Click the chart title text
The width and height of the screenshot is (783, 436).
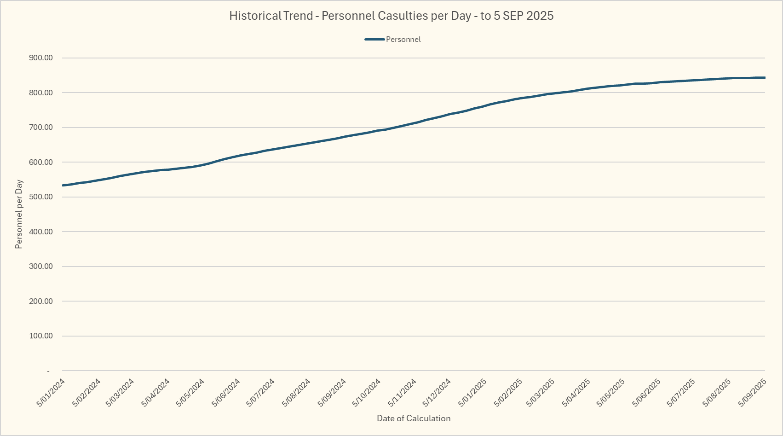(x=391, y=16)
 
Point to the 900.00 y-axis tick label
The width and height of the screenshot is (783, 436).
(x=41, y=58)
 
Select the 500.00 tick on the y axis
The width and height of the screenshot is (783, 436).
(x=41, y=197)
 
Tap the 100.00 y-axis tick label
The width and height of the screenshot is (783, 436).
(x=41, y=336)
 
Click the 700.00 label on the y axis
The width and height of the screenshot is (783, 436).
(x=41, y=128)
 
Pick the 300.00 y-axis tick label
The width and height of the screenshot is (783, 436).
(x=41, y=267)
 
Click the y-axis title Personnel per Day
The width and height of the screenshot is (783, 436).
(x=19, y=214)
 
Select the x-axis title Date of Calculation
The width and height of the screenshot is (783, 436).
(x=414, y=419)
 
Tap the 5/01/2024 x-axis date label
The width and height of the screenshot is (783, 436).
(x=51, y=393)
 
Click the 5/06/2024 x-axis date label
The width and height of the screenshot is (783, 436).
(x=226, y=393)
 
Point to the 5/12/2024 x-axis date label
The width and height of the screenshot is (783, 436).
(x=437, y=393)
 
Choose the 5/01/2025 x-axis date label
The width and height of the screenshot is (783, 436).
(x=472, y=393)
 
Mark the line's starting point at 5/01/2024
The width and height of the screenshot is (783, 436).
(x=63, y=185)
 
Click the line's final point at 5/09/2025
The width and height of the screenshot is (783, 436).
(x=765, y=78)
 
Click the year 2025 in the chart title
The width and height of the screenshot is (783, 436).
(x=540, y=16)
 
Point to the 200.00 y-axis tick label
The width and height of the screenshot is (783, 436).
(x=41, y=301)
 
